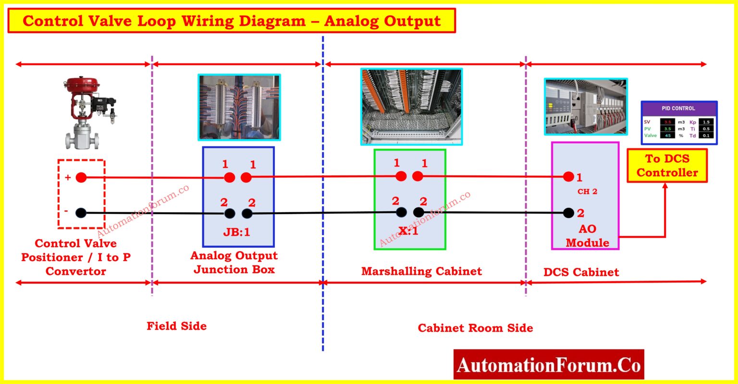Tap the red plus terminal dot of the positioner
(x=81, y=178)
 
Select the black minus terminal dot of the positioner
(x=81, y=212)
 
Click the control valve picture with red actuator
(x=90, y=112)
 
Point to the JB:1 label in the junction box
(x=236, y=232)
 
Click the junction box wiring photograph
(x=239, y=107)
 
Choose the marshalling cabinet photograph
(x=411, y=107)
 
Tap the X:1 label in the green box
(x=408, y=231)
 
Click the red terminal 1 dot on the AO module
(x=568, y=177)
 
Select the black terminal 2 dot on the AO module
(x=568, y=213)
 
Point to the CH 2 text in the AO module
(x=587, y=192)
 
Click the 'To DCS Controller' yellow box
(x=667, y=166)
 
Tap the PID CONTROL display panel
(x=678, y=122)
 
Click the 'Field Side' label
(x=176, y=326)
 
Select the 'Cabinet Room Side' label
(x=475, y=328)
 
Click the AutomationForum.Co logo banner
(x=548, y=365)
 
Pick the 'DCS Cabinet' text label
(x=581, y=272)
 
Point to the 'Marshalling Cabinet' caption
(x=421, y=271)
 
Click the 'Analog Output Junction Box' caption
(x=234, y=263)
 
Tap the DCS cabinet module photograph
(x=585, y=107)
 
